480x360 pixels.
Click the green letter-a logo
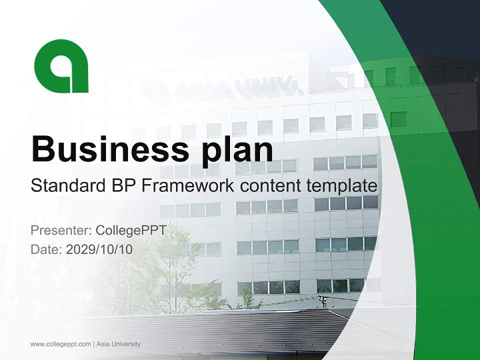[61, 66]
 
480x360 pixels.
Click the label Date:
[46, 249]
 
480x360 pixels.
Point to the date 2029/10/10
[99, 249]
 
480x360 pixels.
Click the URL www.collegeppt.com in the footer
[60, 344]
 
